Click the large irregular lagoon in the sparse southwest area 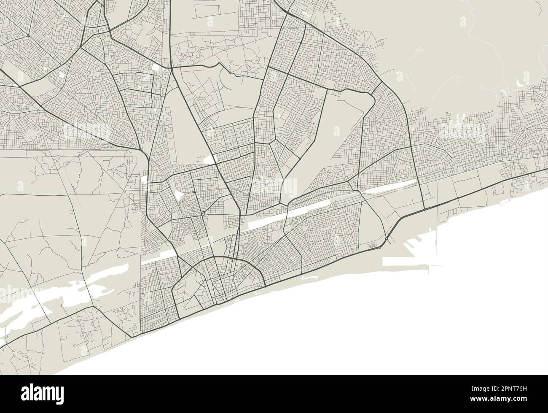[x=46, y=300]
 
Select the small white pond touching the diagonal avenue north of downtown [x=210, y=159]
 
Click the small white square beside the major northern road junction [x=156, y=67]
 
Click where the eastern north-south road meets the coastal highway [x=424, y=209]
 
